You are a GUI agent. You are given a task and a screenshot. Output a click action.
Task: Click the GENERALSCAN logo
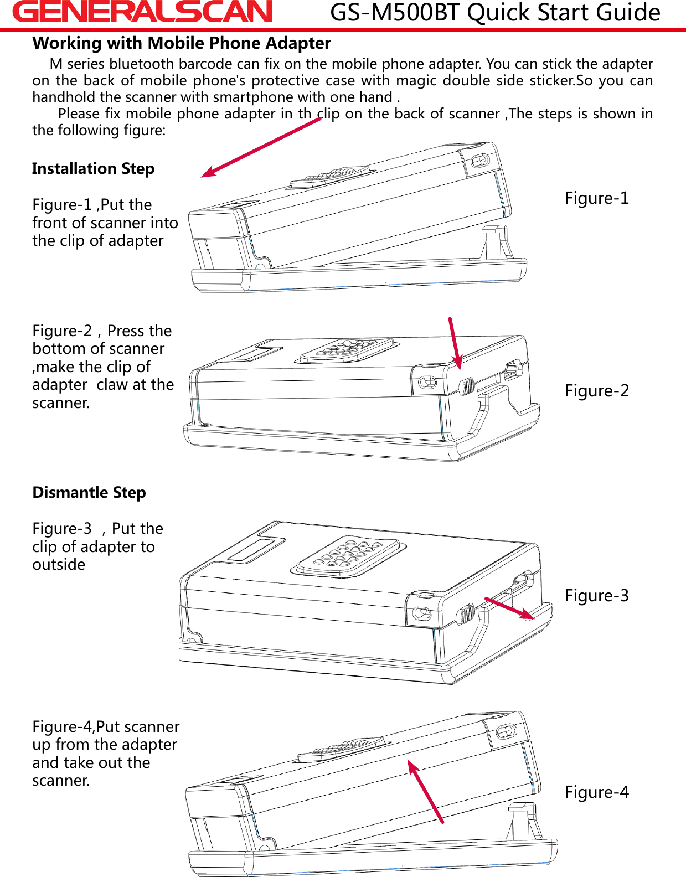coord(142,12)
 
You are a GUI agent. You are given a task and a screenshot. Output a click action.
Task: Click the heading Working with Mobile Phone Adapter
coord(182,43)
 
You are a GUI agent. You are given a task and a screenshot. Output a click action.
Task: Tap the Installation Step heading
coord(93,168)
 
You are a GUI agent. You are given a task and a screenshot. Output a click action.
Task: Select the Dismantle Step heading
coord(89,492)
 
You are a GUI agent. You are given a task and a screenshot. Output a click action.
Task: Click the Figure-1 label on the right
coord(597,198)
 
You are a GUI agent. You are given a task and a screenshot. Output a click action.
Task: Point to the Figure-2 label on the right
coord(597,390)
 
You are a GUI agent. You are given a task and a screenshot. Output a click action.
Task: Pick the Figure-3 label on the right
coord(597,595)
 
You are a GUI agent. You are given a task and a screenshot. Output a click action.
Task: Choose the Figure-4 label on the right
coord(597,792)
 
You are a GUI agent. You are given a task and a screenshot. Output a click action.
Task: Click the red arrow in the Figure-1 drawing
coord(260,148)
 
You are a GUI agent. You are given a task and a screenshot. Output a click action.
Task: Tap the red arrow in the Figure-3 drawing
coord(508,608)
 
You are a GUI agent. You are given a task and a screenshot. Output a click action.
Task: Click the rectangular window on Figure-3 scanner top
coord(257,549)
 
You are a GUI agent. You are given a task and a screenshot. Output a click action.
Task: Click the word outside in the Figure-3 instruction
coord(59,565)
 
